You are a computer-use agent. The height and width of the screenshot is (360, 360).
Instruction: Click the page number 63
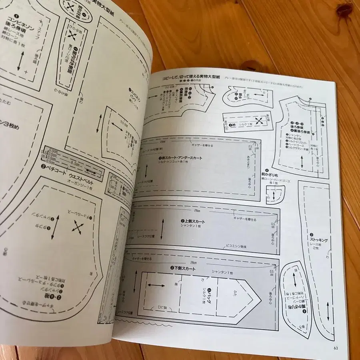click(336, 347)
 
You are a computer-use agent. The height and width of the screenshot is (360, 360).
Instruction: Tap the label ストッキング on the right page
click(319, 240)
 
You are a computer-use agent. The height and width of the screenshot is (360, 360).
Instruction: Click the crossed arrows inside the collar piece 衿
click(260, 120)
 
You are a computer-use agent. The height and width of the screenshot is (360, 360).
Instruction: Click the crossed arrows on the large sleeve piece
click(77, 227)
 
